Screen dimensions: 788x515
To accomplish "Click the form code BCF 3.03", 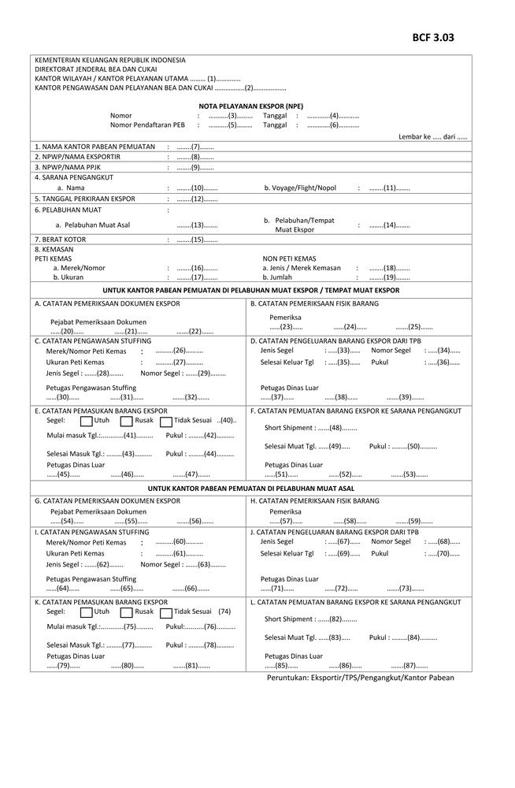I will pos(432,37).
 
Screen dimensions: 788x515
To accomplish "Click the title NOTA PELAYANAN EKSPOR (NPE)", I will pos(251,106).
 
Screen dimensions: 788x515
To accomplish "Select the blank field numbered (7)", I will pos(195,147).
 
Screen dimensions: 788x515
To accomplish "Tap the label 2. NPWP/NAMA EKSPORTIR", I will pos(77,157).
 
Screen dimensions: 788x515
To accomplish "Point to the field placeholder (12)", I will pos(195,199).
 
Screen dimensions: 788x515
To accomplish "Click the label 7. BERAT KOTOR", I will pos(60,239).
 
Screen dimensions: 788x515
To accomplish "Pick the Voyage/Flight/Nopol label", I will pos(300,188).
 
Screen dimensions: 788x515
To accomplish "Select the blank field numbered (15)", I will pos(195,239).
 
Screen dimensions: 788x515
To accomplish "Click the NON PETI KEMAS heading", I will pos(289,258).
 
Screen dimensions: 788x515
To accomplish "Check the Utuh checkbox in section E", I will pos(87,421).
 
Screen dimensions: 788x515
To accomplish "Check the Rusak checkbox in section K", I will pos(127,612).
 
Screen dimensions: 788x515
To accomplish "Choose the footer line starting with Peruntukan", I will pos(360,678).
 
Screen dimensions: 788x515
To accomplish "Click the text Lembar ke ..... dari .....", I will pos(433,137).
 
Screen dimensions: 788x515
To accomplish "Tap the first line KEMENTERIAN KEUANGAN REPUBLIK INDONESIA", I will pos(110,60).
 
